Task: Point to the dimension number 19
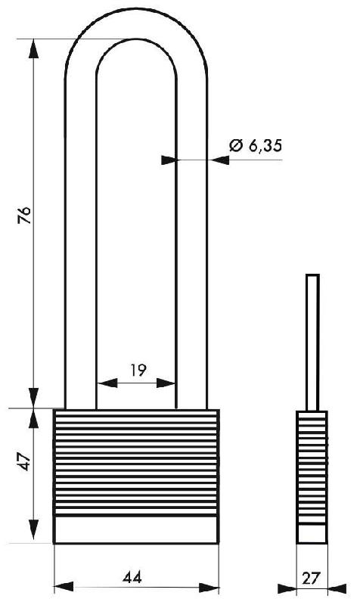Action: [137, 370]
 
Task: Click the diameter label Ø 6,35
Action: [255, 147]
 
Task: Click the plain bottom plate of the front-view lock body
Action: [136, 529]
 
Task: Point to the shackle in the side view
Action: [312, 340]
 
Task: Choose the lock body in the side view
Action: [311, 476]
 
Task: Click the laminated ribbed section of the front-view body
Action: [136, 461]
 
